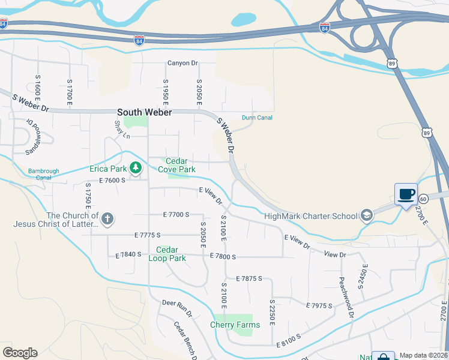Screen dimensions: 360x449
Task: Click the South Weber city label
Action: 144,112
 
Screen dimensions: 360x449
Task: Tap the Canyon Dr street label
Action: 182,63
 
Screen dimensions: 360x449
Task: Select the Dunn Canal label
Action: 257,118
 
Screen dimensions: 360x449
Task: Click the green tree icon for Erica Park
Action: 136,167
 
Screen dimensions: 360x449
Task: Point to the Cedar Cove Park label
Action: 176,165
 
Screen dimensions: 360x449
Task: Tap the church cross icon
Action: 107,218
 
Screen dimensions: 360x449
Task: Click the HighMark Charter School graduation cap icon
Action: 366,215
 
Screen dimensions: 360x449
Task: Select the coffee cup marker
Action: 406,194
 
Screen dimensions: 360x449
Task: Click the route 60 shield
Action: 423,199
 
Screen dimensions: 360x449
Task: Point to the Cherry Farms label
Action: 235,325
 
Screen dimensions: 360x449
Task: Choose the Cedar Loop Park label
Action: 170,254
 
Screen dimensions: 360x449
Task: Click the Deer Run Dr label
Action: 177,308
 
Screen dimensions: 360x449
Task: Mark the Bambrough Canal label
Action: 44,174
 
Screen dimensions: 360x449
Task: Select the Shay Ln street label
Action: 122,128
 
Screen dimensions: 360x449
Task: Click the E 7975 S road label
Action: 319,305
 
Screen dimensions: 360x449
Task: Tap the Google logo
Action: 20,353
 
